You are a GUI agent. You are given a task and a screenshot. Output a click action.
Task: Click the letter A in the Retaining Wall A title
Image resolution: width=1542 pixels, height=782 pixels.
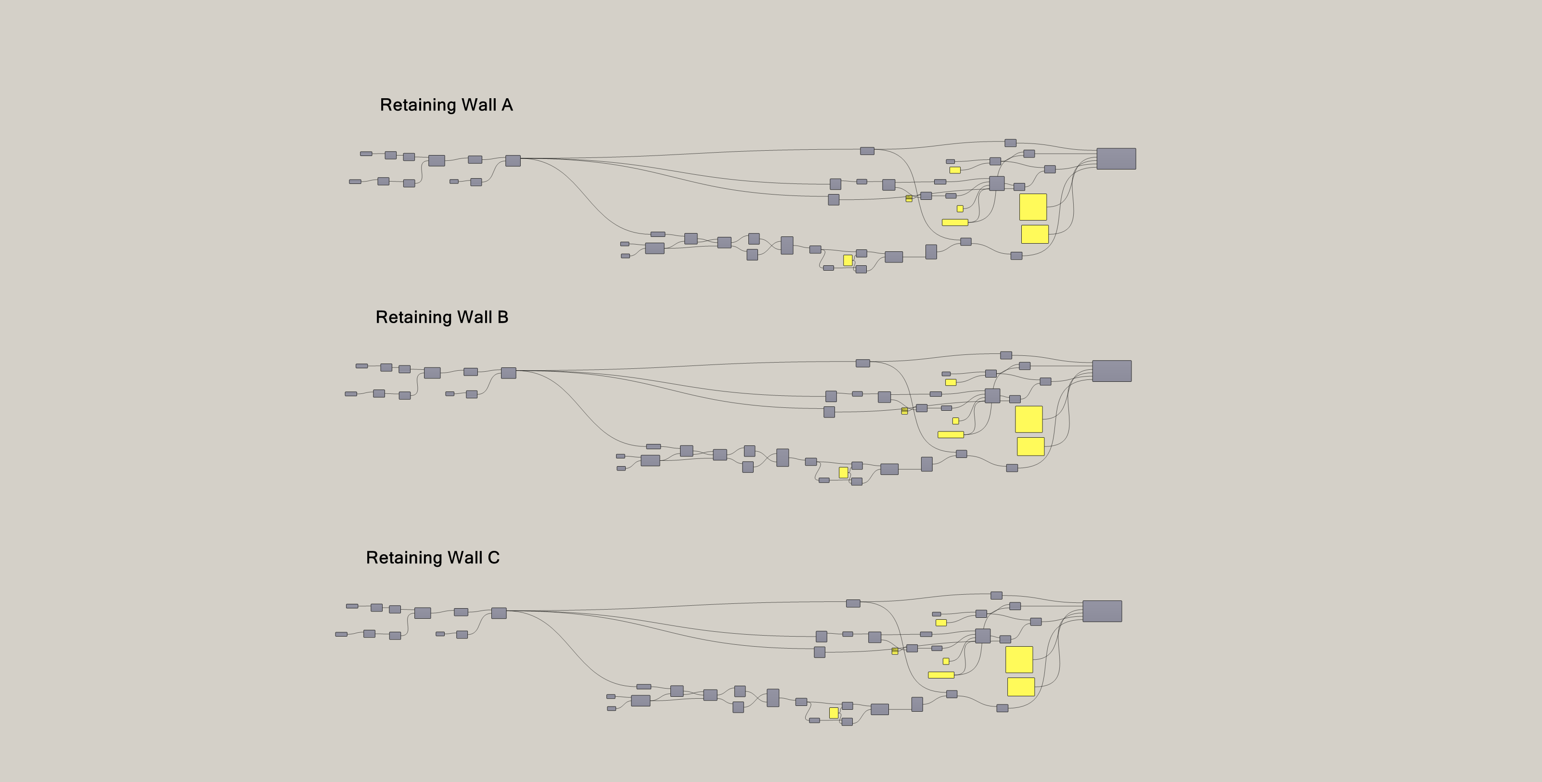[x=507, y=105]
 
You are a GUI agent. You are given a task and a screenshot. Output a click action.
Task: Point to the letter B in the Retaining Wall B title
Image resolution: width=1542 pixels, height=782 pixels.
[x=503, y=317]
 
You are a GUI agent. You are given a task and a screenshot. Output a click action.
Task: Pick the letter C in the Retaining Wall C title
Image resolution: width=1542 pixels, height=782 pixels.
[x=493, y=558]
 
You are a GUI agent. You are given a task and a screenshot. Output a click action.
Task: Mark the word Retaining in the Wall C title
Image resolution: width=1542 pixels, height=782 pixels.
[x=404, y=558]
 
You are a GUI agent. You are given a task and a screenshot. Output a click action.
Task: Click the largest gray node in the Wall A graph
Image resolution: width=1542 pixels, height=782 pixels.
[x=1116, y=159]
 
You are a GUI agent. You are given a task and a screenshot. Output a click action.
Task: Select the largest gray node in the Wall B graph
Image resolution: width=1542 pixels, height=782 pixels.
[x=1112, y=371]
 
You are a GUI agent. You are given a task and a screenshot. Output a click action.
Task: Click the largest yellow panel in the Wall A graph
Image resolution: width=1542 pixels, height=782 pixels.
[x=1033, y=207]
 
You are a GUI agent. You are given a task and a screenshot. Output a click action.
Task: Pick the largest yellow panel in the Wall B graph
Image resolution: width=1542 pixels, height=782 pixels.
[x=1028, y=419]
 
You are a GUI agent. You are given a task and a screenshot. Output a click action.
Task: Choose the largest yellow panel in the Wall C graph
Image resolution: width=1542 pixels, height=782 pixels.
[x=1019, y=659]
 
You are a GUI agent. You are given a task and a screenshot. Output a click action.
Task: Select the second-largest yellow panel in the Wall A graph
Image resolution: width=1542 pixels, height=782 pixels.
[x=1034, y=234]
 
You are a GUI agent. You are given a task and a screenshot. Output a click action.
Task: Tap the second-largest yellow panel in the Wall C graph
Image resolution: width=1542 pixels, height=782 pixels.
[x=1021, y=687]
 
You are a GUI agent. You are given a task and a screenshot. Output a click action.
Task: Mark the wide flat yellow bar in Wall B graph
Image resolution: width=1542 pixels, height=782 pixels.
[x=951, y=435]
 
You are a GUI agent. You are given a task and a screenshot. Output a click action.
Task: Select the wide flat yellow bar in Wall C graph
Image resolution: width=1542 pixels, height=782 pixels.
[x=941, y=675]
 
